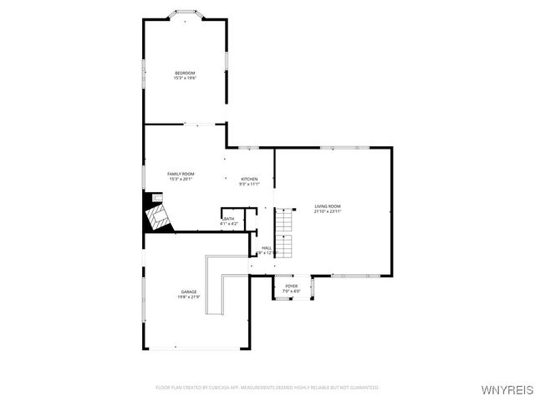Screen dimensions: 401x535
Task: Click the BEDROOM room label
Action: pyautogui.click(x=185, y=74)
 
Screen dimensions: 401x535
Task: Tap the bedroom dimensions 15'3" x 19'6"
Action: pyautogui.click(x=185, y=79)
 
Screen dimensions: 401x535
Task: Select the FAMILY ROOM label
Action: pyautogui.click(x=181, y=173)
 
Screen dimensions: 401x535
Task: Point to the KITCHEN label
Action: pyautogui.click(x=249, y=179)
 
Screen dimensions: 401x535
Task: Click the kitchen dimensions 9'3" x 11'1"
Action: pyautogui.click(x=249, y=184)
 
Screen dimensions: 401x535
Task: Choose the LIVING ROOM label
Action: pyautogui.click(x=328, y=206)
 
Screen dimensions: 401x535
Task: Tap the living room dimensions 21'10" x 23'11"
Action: pyautogui.click(x=328, y=211)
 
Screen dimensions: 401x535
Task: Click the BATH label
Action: pyautogui.click(x=229, y=219)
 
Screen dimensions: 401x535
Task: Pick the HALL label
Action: pyautogui.click(x=267, y=247)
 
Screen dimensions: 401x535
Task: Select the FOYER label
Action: pyautogui.click(x=291, y=286)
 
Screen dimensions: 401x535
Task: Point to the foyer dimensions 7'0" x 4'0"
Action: pyautogui.click(x=291, y=291)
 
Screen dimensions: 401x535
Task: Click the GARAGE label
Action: pyautogui.click(x=188, y=292)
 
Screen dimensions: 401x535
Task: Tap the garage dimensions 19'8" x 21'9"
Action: pyautogui.click(x=188, y=297)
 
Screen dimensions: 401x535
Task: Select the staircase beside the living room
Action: pyautogui.click(x=286, y=233)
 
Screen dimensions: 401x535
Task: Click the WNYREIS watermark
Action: pyautogui.click(x=505, y=389)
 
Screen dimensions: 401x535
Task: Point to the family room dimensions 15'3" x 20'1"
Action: pyautogui.click(x=181, y=178)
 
